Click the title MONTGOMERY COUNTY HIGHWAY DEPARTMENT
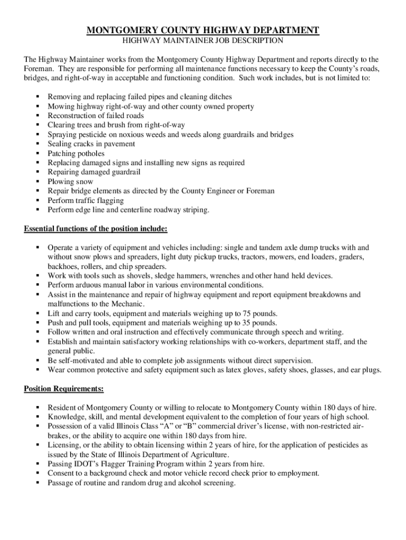(203, 30)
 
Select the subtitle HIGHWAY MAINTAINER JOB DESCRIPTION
(203, 40)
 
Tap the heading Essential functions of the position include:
(96, 229)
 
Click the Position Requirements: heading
(64, 389)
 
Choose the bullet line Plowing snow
(70, 182)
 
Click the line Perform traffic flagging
(85, 200)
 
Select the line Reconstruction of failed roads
(95, 115)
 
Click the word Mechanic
(129, 304)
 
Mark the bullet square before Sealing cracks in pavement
(38, 144)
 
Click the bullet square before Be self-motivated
(38, 361)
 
